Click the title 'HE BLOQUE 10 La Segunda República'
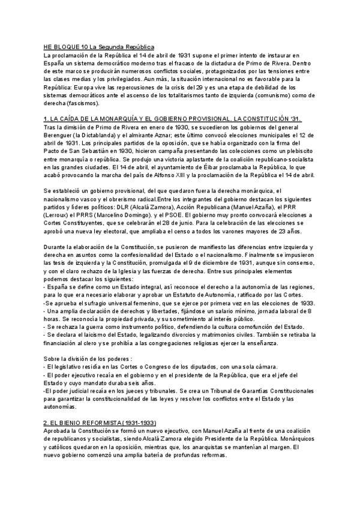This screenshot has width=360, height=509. click(100, 46)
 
